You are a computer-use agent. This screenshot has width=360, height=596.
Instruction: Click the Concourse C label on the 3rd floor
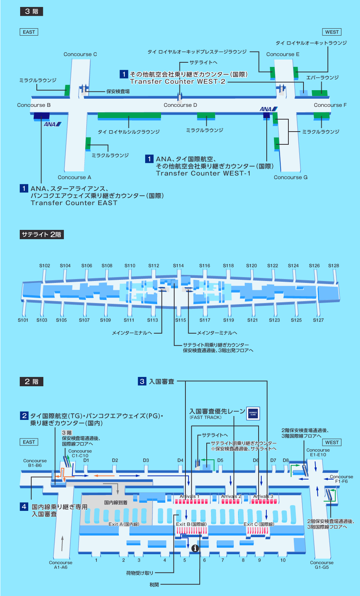coord(80,55)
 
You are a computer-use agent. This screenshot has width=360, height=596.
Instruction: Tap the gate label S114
coord(178,266)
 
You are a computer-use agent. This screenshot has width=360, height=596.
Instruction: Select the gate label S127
coord(318,320)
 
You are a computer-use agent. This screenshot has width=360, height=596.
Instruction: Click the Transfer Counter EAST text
coord(74,203)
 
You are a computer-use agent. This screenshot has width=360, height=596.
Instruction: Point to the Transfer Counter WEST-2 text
coord(178,82)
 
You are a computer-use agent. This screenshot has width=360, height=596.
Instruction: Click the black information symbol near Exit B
coord(195,548)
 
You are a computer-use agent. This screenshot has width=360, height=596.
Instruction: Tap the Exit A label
coord(123,524)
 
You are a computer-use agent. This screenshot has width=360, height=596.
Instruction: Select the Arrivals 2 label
coord(231,496)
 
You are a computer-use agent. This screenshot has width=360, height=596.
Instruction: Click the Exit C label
coord(259,524)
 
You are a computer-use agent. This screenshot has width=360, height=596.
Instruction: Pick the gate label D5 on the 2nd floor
coord(220,461)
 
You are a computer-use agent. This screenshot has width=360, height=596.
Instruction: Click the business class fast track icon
coord(253,413)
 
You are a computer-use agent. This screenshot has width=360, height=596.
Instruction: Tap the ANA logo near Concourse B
coord(52,124)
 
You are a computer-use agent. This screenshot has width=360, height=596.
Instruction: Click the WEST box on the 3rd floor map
coord(332,32)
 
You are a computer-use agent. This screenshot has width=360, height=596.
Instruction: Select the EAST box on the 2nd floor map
coord(29,442)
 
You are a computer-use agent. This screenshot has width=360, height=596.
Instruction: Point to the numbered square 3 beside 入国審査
coord(142,382)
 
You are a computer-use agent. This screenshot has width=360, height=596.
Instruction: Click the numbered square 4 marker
coord(24,507)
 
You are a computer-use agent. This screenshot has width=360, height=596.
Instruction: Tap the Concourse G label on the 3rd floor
coord(290,178)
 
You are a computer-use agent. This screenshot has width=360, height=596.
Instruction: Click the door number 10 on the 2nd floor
coord(283,560)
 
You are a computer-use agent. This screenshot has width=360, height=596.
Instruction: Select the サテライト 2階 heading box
coord(41,235)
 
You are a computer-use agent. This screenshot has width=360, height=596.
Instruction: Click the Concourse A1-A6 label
coord(60,565)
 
